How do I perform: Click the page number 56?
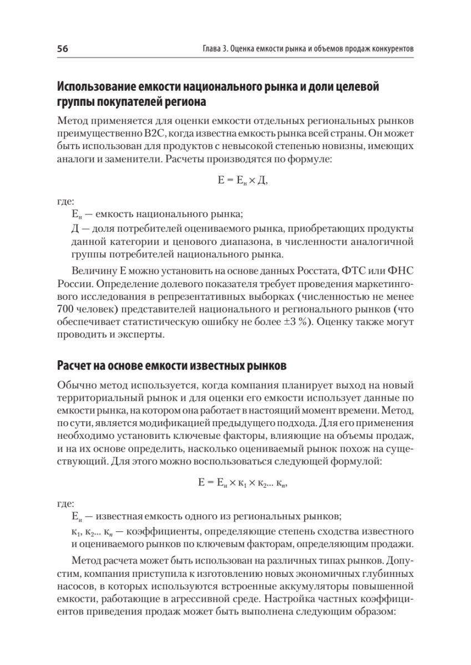point(62,49)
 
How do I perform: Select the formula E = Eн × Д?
point(235,181)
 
